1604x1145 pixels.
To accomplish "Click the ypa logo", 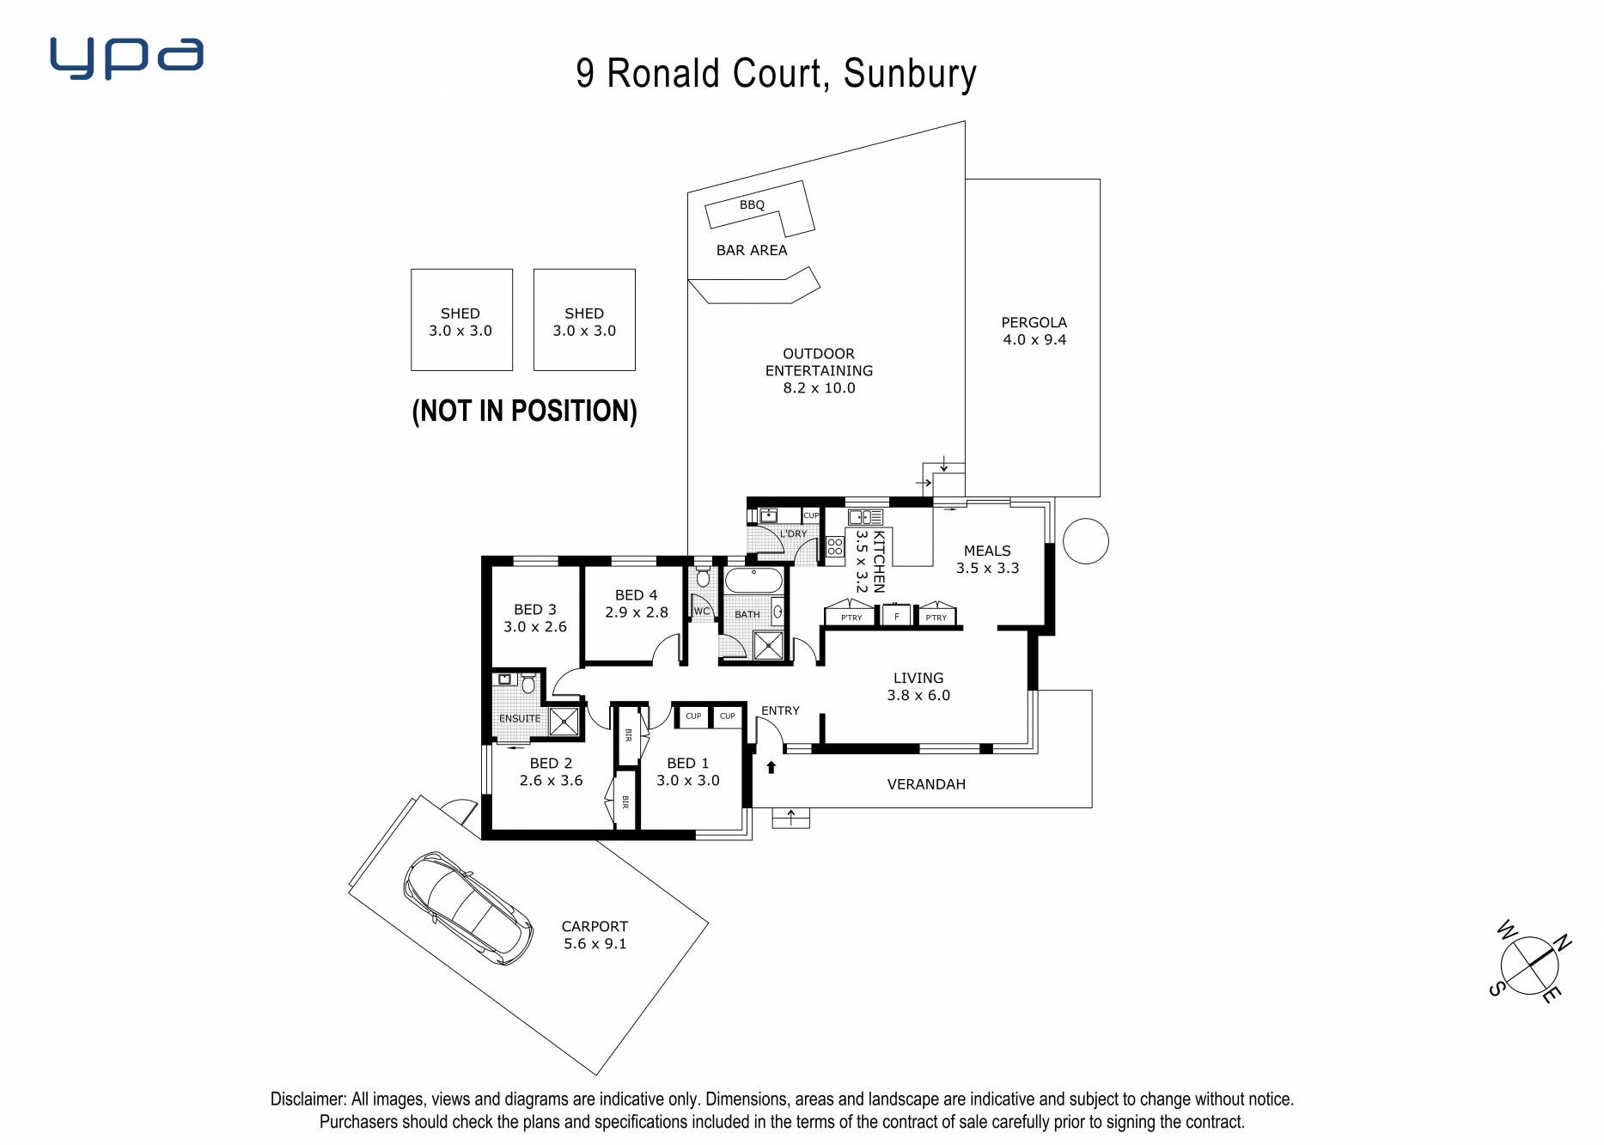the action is pos(127,58).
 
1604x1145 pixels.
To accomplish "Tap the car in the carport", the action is pos(468,908).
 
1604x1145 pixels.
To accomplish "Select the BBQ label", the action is pos(752,204).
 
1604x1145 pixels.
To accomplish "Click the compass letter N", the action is pos(1562,942).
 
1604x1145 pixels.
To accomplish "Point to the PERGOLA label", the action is pos(1034,322).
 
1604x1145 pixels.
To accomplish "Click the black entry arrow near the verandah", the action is pos(772,767).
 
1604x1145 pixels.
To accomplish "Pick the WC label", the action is pos(702,612).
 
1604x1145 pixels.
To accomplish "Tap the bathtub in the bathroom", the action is pos(754,580).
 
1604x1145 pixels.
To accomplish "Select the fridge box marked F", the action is pos(896,616).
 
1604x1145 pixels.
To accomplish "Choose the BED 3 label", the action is pos(535,609).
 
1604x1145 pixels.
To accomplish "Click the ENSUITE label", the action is pos(520,718).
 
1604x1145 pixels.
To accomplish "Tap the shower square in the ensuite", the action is pos(564,722).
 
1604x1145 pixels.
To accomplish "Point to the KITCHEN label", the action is pos(879,562).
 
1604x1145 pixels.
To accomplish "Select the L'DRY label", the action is pos(793,533).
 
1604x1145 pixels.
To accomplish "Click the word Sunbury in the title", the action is pos(910,74).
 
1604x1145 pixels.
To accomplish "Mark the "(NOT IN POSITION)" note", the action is pos(524,411).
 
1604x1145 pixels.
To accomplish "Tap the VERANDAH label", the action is pos(926,784).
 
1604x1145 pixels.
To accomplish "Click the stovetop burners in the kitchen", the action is pos(834,546).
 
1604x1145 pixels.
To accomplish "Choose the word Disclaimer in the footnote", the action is pos(308,1099).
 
